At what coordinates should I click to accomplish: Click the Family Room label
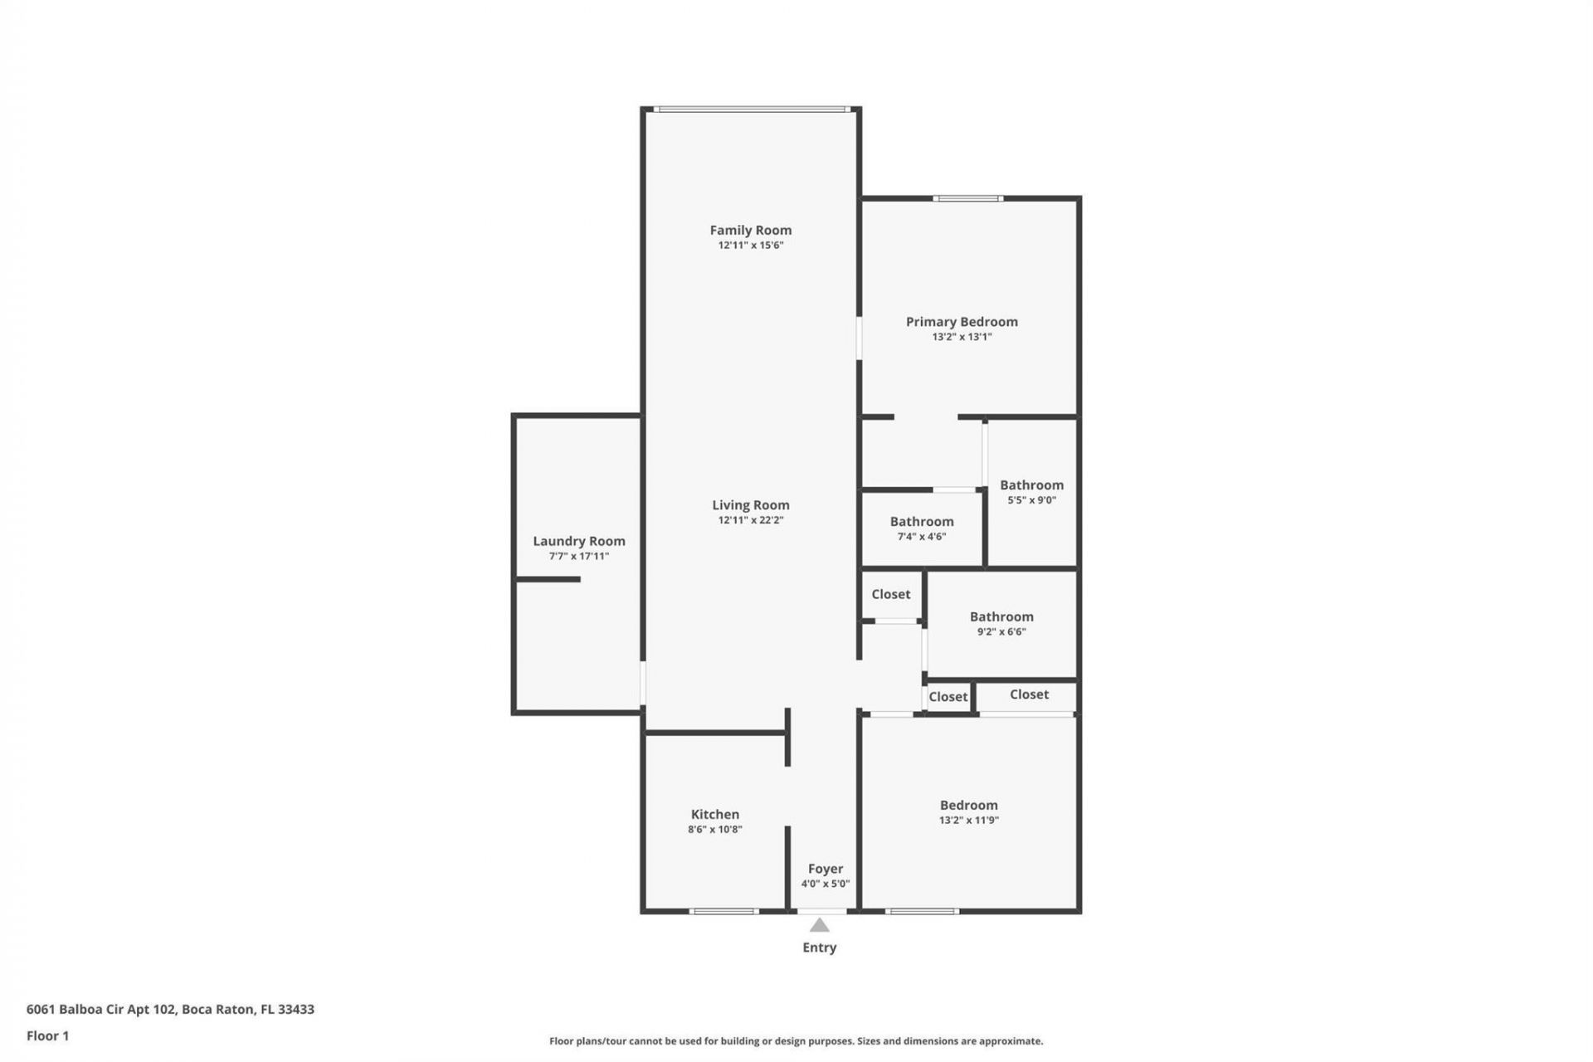coord(750,230)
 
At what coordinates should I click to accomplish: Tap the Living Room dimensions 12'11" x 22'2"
coord(750,520)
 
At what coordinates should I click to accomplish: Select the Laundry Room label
coord(578,541)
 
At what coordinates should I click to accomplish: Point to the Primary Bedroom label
coord(961,322)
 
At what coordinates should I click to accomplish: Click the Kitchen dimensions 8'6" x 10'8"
coord(714,829)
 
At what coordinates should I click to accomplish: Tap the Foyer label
coord(825,869)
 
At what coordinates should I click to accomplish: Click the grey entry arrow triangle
coord(819,925)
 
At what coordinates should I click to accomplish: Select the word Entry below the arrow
coord(819,948)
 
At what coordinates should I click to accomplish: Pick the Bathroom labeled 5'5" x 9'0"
coord(1031,485)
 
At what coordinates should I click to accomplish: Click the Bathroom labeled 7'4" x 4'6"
coord(921,522)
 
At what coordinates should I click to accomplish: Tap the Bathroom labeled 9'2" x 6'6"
coord(1001,616)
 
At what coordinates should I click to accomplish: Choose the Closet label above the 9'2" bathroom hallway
coord(890,594)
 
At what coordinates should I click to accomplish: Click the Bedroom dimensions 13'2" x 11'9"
coord(968,821)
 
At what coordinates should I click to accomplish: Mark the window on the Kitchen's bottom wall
coord(723,911)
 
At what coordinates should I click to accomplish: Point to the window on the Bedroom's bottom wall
coord(922,911)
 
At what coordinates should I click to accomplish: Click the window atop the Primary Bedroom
coord(967,198)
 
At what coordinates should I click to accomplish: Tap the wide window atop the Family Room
coord(750,109)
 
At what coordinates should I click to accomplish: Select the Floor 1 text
coord(47,1035)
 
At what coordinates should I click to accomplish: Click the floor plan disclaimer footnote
coord(796,1041)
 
